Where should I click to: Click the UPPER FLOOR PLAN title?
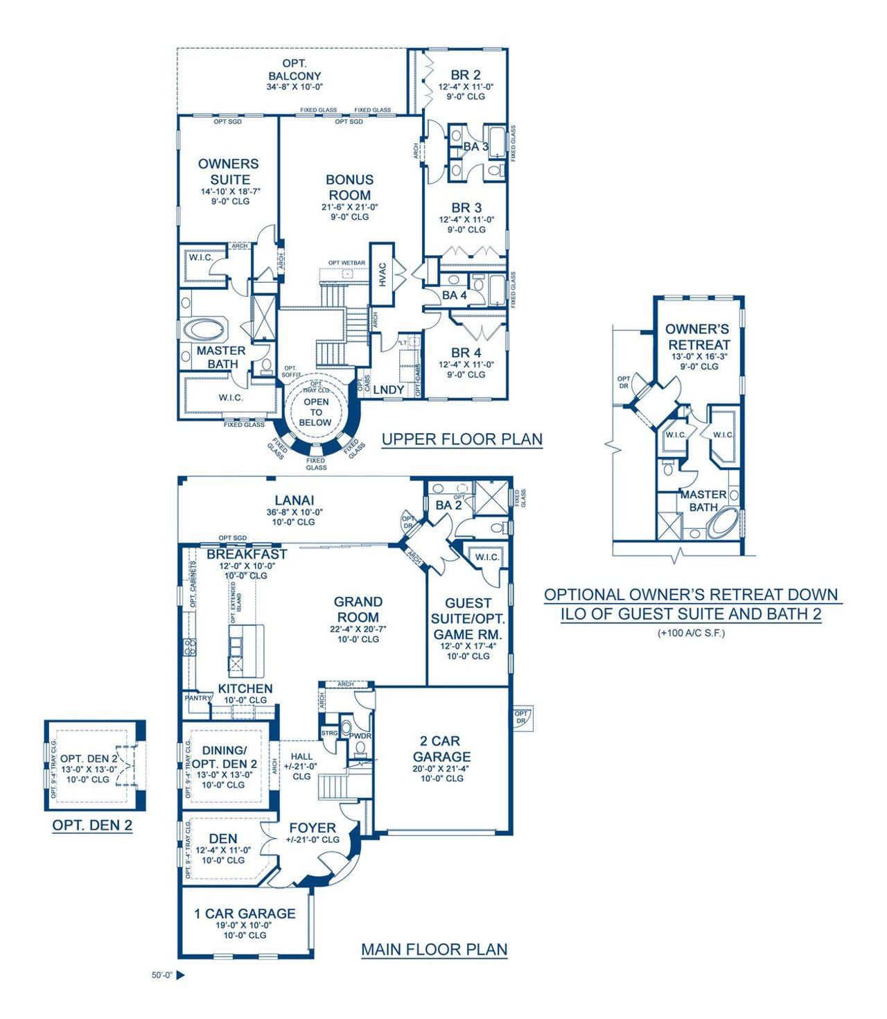(462, 439)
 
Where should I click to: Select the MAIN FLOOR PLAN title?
(434, 949)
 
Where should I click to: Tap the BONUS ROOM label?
(349, 188)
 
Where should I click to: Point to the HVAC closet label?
(383, 275)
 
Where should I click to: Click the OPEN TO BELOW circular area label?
(316, 412)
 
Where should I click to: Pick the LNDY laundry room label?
(388, 390)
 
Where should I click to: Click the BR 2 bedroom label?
(466, 75)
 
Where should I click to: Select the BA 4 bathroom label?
(455, 295)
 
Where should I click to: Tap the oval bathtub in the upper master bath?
(204, 329)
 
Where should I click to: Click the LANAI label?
(295, 500)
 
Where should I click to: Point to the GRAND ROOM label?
(358, 609)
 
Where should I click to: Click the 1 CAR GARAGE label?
(245, 914)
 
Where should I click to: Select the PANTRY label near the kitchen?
(197, 698)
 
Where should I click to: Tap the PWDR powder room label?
(360, 736)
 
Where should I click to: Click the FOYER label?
(313, 828)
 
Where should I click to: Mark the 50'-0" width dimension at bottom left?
(161, 975)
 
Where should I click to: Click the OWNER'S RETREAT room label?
(698, 337)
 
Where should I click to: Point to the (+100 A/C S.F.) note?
(691, 632)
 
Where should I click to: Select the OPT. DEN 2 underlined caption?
(92, 825)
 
